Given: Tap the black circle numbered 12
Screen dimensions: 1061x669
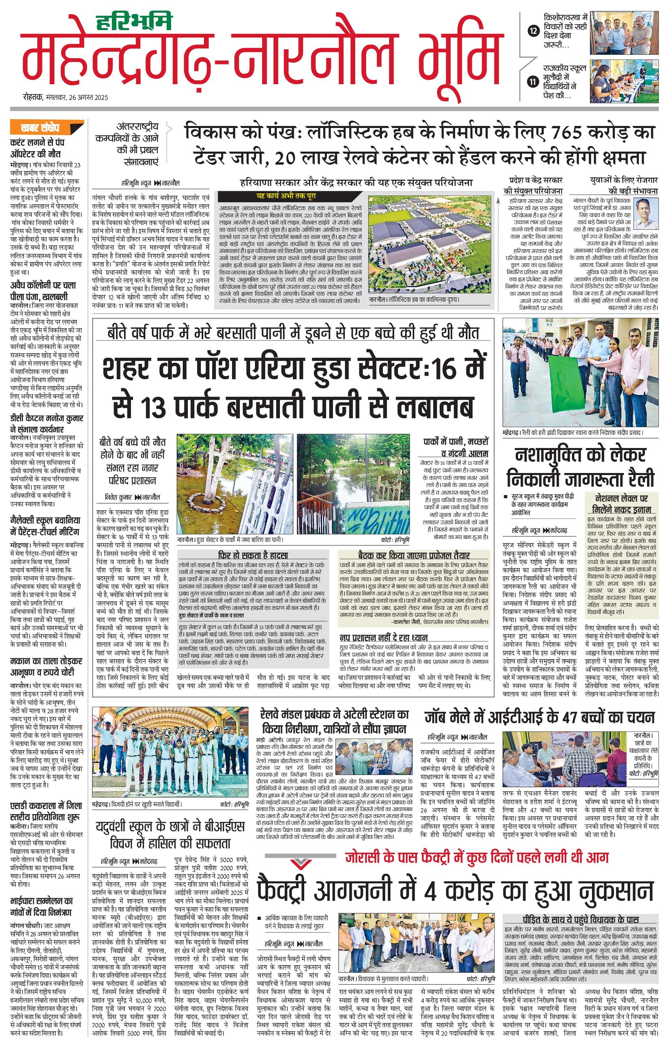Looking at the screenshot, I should pyautogui.click(x=533, y=31).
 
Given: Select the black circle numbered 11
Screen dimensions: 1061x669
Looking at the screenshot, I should pyautogui.click(x=533, y=81).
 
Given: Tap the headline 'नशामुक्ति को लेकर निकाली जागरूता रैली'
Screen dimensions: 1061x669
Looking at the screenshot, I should pyautogui.click(x=580, y=467).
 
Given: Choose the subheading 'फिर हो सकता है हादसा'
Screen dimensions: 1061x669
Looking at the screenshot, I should pyautogui.click(x=253, y=555).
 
